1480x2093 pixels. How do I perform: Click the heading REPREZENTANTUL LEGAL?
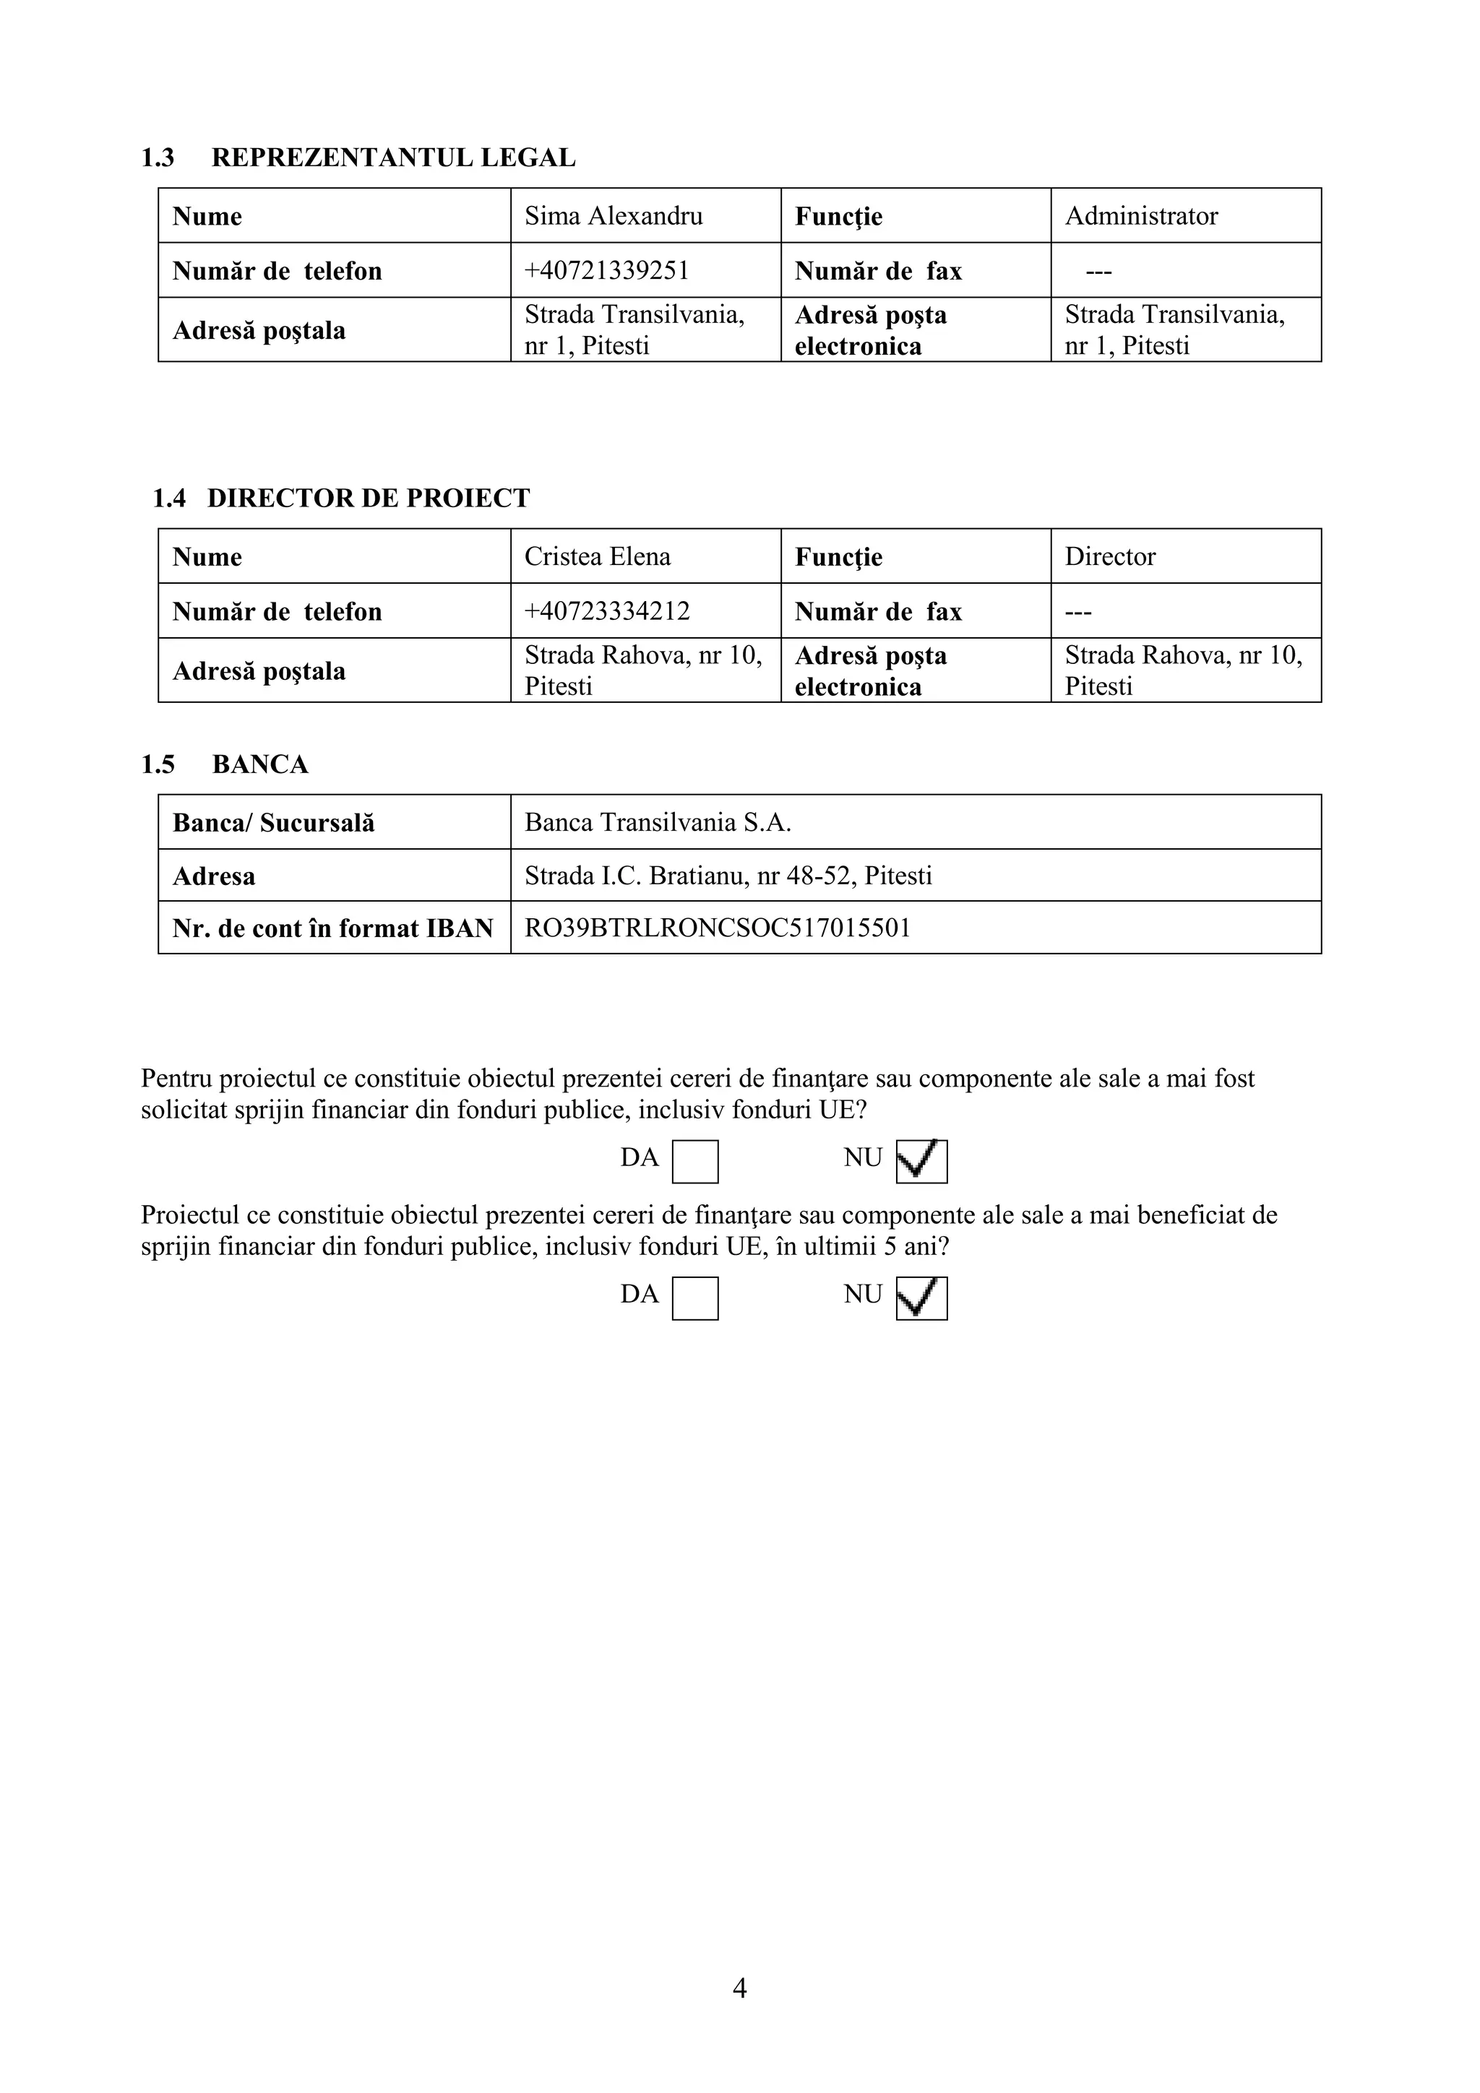(x=393, y=157)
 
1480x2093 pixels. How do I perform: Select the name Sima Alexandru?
(x=613, y=216)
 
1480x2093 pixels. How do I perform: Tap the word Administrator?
(x=1141, y=216)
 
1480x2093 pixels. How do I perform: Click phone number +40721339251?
(x=606, y=271)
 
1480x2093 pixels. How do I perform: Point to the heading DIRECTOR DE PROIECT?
(x=368, y=499)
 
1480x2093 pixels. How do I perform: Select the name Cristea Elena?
(x=598, y=557)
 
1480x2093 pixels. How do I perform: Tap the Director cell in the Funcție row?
(x=1110, y=557)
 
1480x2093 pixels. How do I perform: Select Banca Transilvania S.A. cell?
(x=658, y=823)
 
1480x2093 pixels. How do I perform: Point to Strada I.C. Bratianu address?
(x=728, y=876)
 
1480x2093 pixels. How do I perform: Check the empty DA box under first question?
(x=695, y=1162)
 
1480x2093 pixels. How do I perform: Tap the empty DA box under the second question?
(x=695, y=1299)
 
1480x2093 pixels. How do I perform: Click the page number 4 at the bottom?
(x=739, y=1988)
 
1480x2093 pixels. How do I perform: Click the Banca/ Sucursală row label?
(x=274, y=823)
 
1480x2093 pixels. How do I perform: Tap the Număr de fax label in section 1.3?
(x=878, y=271)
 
